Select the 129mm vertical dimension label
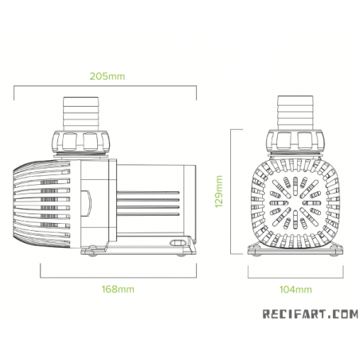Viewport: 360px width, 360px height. coord(219,191)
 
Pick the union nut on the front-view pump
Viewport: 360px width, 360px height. coord(297,141)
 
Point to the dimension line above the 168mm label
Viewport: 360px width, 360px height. coord(118,277)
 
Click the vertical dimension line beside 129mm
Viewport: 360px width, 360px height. coord(230,191)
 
